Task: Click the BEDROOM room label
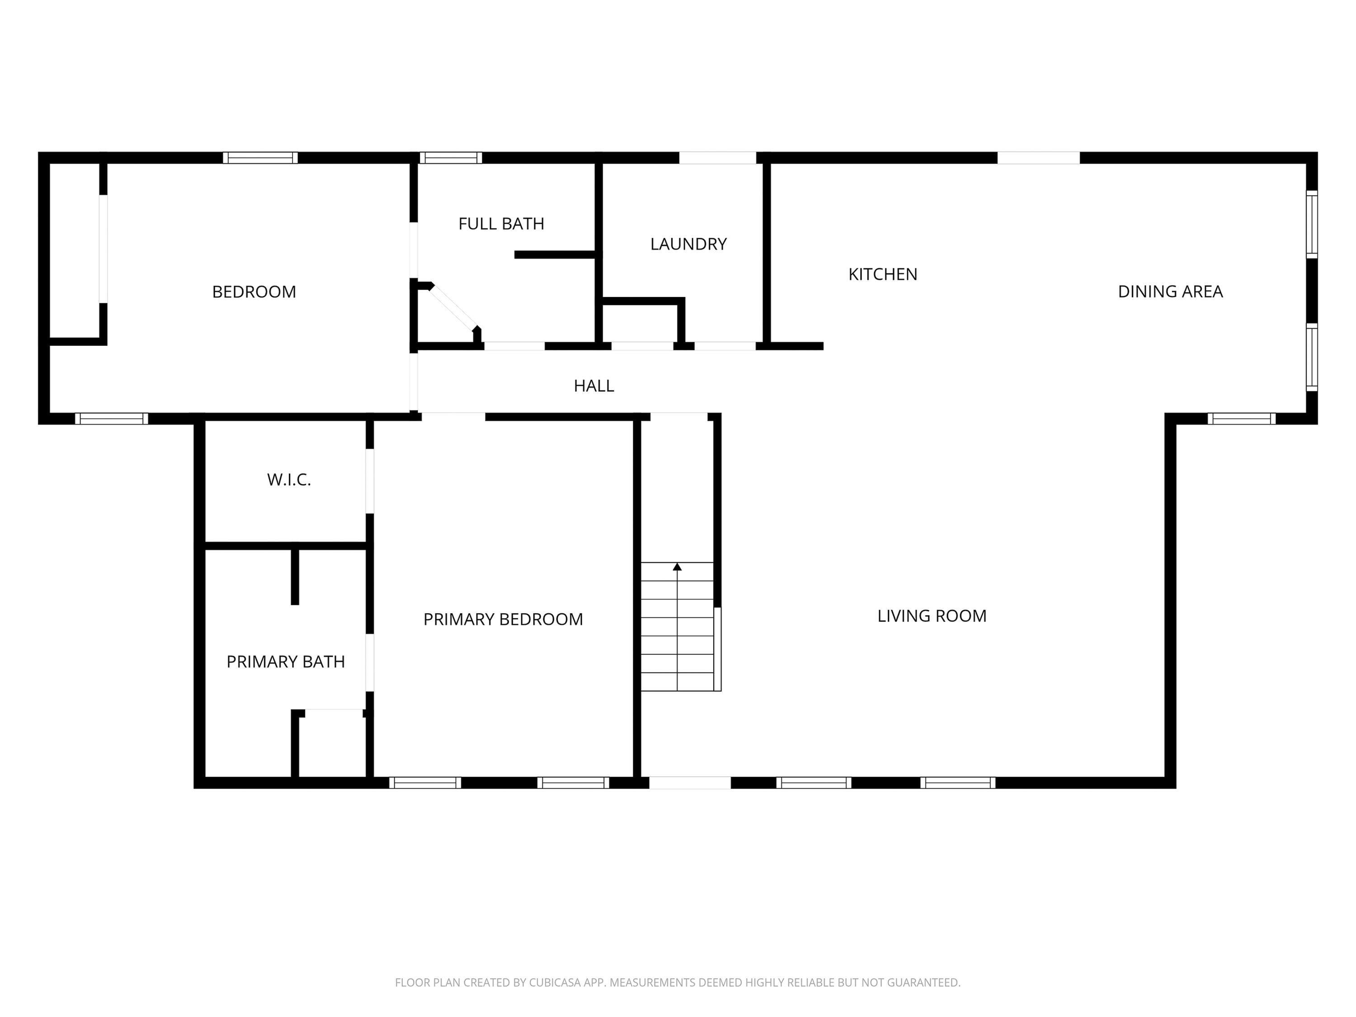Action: [x=254, y=292]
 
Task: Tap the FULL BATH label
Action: [x=501, y=224]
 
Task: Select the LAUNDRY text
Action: [x=688, y=244]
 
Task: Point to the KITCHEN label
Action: [x=882, y=275]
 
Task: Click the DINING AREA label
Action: [x=1170, y=292]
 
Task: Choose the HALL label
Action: [x=593, y=386]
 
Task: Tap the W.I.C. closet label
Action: [x=289, y=480]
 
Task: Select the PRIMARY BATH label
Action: [x=286, y=661]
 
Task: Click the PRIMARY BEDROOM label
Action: [x=503, y=619]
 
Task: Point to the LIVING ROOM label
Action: [x=931, y=616]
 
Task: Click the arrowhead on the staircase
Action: [x=677, y=567]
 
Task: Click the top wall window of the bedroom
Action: [x=260, y=158]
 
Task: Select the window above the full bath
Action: [x=451, y=158]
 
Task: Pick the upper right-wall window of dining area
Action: [x=1311, y=224]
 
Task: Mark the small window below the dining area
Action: [x=1241, y=419]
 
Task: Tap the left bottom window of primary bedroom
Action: [x=425, y=783]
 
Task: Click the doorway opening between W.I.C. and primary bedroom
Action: [x=370, y=481]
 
